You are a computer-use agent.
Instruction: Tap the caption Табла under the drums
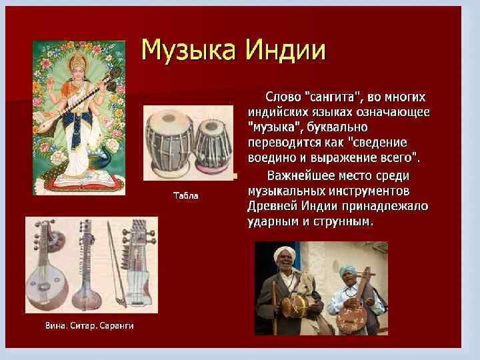tap(186, 196)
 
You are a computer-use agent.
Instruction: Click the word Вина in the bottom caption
tap(55, 325)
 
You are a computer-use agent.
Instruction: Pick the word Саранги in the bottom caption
tap(118, 325)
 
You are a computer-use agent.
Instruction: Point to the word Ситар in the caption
tap(85, 325)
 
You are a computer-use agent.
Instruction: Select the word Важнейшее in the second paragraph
tap(305, 176)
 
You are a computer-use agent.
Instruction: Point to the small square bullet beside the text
tap(235, 177)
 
